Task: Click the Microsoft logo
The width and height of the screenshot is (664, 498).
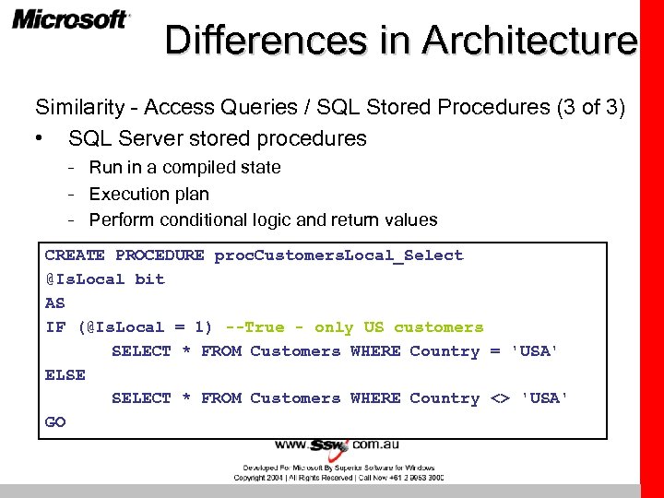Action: (x=70, y=20)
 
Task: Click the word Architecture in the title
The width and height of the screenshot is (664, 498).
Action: (x=529, y=41)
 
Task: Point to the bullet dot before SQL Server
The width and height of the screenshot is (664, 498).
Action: (x=38, y=140)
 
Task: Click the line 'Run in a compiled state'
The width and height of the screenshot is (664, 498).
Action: (x=184, y=168)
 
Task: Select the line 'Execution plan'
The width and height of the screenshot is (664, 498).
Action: (x=148, y=195)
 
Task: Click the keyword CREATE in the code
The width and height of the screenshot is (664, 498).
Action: (x=75, y=255)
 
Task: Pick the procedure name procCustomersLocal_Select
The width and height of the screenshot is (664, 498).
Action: (x=338, y=255)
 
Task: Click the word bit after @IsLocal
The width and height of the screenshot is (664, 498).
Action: (x=149, y=279)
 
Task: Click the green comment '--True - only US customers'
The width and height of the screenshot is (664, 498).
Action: (x=354, y=327)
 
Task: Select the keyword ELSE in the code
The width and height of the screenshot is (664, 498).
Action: (x=65, y=375)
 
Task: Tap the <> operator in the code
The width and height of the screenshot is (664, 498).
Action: (x=499, y=399)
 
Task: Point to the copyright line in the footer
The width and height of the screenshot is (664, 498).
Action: (x=338, y=478)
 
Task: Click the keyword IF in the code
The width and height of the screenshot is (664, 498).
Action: (x=54, y=327)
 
